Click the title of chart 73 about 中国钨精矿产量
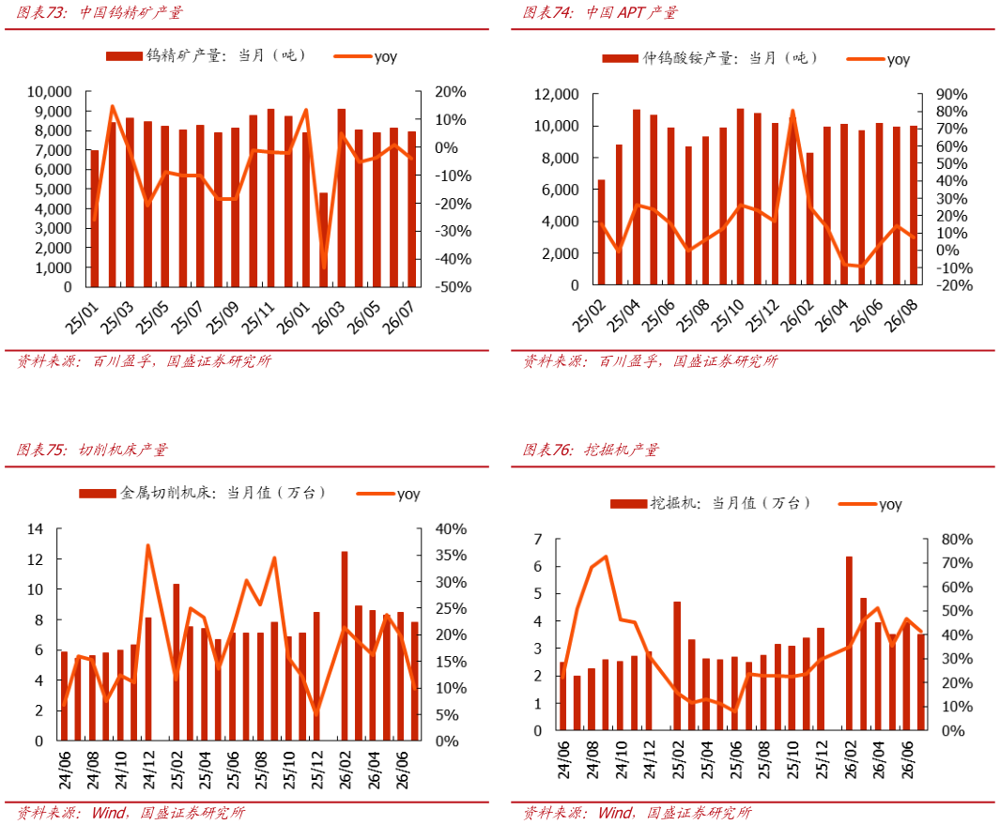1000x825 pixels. pos(100,12)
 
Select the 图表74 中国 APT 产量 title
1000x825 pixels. pos(600,12)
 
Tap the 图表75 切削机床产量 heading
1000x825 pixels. pos(92,450)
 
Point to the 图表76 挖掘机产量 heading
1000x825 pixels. pos(591,450)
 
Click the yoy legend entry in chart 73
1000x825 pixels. pos(365,56)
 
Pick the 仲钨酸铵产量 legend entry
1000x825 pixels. pos(710,58)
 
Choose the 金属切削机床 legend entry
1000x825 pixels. pos(203,493)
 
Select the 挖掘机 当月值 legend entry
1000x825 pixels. pos(711,503)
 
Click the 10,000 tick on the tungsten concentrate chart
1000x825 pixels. pos(49,92)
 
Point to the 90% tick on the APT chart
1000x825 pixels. pos(951,95)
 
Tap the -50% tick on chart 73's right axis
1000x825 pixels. pos(454,287)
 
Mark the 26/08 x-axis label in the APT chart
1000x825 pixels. pos(901,315)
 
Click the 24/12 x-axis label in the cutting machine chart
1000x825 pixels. pos(148,770)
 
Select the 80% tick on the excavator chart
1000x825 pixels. pos(957,540)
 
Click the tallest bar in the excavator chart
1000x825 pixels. pos(849,643)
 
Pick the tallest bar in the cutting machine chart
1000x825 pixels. pos(345,645)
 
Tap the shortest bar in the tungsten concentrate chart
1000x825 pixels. pos(323,239)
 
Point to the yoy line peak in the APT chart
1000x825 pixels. pos(792,111)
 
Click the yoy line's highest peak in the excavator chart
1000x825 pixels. pos(606,557)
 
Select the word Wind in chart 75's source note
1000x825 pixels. pos(108,812)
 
